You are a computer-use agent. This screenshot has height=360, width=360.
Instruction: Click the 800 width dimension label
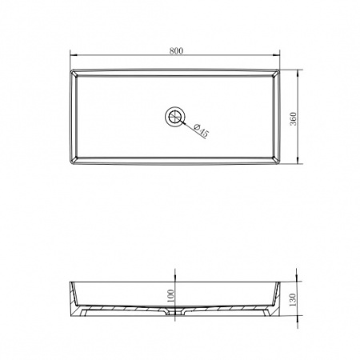tap(176, 50)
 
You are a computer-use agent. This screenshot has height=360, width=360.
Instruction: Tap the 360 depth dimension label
tap(293, 119)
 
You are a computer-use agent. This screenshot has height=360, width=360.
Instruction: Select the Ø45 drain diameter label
tap(201, 130)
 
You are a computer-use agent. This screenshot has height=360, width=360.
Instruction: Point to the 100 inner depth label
tap(170, 296)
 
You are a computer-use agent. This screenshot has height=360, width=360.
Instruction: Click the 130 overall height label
tap(292, 300)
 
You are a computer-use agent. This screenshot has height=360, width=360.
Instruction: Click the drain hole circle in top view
tap(175, 116)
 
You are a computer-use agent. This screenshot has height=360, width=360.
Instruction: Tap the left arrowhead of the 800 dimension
tap(74, 55)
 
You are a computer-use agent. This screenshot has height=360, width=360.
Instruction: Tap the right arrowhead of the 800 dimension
tap(275, 55)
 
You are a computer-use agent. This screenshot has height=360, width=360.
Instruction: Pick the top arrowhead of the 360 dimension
tap(298, 74)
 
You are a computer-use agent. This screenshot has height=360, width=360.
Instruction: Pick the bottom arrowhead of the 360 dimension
tap(298, 160)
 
